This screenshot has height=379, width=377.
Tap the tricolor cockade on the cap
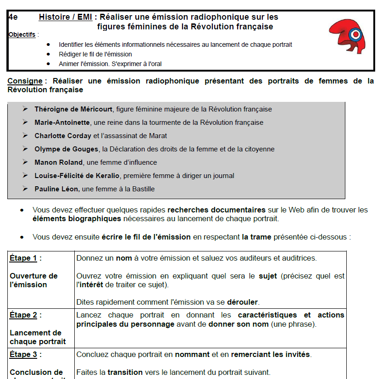pyautogui.click(x=355, y=34)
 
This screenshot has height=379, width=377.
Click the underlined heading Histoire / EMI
pyautogui.click(x=66, y=17)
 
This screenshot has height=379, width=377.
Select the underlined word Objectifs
pyautogui.click(x=22, y=34)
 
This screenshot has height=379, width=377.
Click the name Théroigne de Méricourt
pyautogui.click(x=73, y=109)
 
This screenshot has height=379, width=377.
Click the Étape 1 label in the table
pyautogui.click(x=24, y=258)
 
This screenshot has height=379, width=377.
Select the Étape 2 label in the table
pyautogui.click(x=24, y=315)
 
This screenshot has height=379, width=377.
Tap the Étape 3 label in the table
pyautogui.click(x=24, y=355)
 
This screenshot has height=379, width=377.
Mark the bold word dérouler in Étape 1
pyautogui.click(x=245, y=302)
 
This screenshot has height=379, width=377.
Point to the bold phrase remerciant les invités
pyautogui.click(x=271, y=355)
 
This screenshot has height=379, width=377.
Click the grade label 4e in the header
pyautogui.click(x=13, y=17)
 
